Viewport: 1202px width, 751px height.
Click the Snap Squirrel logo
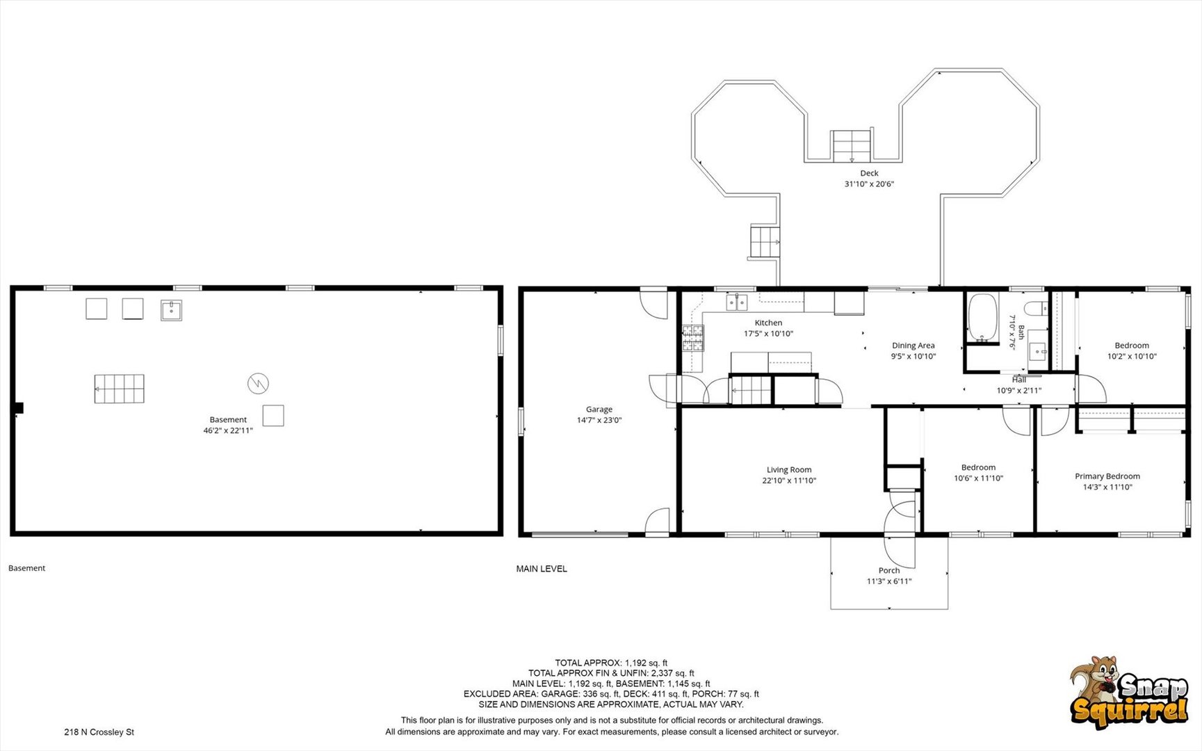point(1129,692)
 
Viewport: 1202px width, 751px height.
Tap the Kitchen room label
point(768,323)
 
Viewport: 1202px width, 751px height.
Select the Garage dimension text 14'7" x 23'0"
point(599,420)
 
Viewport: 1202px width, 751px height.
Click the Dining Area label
point(913,346)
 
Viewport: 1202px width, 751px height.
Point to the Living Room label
point(789,470)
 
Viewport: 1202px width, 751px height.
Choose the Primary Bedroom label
point(1107,476)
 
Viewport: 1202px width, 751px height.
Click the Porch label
point(889,570)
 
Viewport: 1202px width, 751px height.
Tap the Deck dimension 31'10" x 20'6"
point(869,184)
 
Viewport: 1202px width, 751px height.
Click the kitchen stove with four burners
point(692,338)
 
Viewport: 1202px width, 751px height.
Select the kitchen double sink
point(737,302)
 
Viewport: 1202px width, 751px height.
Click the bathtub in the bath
point(982,318)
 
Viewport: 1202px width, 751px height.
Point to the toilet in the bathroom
point(1036,308)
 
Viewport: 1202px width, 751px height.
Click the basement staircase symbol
point(120,389)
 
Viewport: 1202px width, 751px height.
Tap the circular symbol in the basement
point(258,383)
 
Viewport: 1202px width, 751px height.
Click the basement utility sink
point(171,310)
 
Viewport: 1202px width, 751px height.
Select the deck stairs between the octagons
point(852,145)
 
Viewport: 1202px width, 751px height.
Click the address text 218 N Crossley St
point(99,732)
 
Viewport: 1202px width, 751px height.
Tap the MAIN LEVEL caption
point(542,569)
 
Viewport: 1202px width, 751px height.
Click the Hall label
point(1019,380)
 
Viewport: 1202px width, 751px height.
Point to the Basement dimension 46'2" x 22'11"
point(228,430)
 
